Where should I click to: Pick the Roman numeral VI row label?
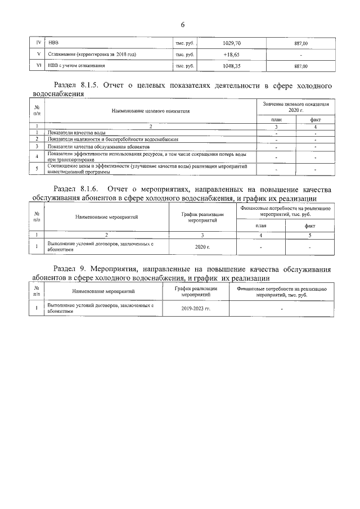click(38, 66)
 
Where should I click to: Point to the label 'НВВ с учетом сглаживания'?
click(76, 66)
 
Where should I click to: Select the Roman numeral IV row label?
click(38, 43)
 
